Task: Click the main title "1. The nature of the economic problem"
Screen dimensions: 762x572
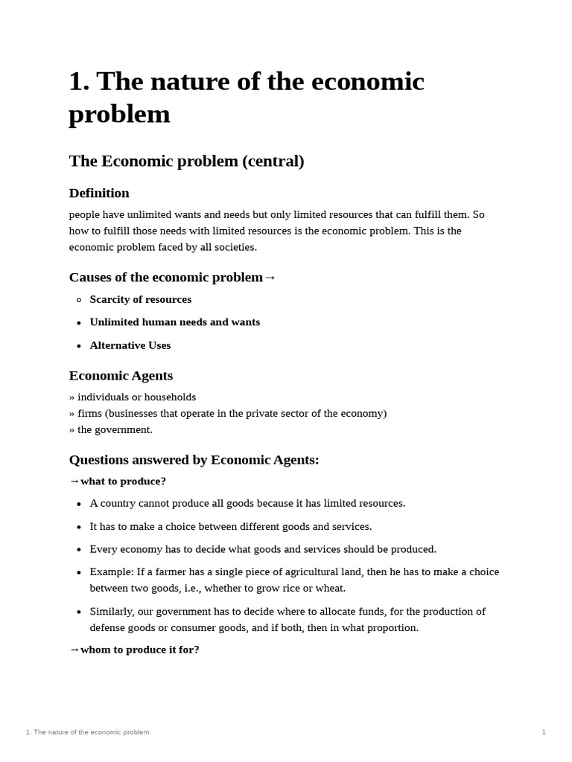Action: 246,97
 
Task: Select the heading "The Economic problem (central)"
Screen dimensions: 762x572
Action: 186,161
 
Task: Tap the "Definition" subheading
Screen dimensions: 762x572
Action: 99,193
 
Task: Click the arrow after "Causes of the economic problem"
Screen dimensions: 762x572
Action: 270,278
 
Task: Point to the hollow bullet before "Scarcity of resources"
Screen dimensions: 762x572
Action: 79,300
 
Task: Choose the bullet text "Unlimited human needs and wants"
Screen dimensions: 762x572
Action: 174,322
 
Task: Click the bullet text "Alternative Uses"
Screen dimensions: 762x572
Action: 130,345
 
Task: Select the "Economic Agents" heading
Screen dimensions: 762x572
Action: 121,376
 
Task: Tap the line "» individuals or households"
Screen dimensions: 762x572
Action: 133,397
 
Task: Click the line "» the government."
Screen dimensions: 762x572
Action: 110,429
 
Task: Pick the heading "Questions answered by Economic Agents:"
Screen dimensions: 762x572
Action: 194,460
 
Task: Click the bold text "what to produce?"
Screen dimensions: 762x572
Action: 123,481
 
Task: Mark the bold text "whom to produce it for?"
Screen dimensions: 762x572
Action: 139,650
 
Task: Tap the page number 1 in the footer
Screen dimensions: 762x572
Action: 544,732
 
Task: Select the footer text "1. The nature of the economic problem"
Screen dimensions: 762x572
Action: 87,732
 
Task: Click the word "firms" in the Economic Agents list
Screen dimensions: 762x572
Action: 90,414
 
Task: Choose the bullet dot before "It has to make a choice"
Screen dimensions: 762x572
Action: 79,527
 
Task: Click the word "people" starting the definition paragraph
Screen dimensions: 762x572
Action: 83,215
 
